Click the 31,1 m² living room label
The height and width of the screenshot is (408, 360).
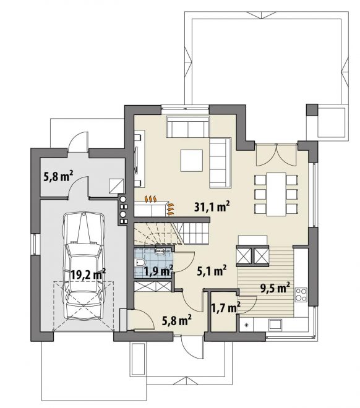212,207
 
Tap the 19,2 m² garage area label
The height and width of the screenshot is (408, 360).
88,274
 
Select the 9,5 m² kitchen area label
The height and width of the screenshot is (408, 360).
275,288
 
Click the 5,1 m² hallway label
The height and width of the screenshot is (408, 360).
212,271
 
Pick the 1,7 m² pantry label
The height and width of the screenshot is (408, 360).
225,308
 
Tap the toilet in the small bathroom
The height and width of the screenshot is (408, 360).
140,262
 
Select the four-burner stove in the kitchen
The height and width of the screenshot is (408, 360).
301,294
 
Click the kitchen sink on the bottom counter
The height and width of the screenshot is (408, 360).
275,324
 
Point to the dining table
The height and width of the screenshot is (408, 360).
276,194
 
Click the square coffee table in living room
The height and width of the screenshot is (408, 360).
192,160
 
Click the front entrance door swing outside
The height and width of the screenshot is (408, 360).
191,346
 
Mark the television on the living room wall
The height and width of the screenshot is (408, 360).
137,159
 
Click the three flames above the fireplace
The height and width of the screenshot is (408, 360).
151,198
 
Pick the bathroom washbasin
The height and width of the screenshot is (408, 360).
160,251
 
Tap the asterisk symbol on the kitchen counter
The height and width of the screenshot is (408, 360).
246,325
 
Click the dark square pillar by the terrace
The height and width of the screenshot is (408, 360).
312,110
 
